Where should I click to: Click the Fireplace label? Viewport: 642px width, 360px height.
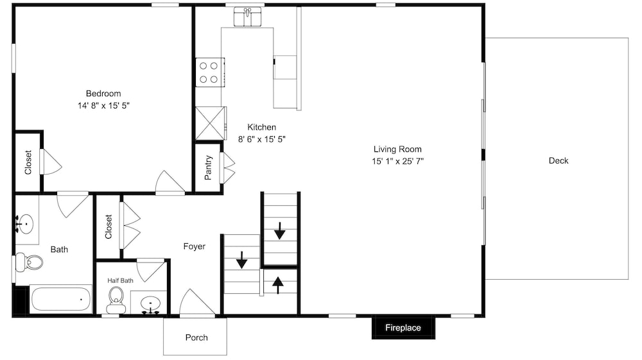(403, 328)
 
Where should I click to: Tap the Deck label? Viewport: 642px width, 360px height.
(559, 161)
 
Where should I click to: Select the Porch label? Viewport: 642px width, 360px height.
(196, 338)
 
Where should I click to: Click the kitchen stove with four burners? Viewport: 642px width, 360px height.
(210, 73)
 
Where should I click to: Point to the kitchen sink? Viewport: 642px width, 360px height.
(247, 17)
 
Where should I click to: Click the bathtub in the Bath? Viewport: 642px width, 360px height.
(61, 299)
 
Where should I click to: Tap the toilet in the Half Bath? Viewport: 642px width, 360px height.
(116, 300)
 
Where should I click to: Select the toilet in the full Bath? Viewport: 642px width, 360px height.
(29, 262)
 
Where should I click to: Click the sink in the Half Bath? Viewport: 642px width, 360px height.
(151, 305)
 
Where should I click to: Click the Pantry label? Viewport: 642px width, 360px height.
(208, 167)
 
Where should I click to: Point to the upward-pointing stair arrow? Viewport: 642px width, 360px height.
(278, 285)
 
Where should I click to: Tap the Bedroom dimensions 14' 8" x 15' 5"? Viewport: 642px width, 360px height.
(103, 105)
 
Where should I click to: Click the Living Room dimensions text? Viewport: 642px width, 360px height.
(397, 161)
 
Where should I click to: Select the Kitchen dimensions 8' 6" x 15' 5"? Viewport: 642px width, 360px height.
(262, 139)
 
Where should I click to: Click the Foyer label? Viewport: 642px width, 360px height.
(194, 246)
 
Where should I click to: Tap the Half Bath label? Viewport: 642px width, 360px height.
(121, 280)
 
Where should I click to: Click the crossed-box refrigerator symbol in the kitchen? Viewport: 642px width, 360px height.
(211, 123)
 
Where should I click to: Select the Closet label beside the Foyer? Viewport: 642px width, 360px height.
(108, 227)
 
